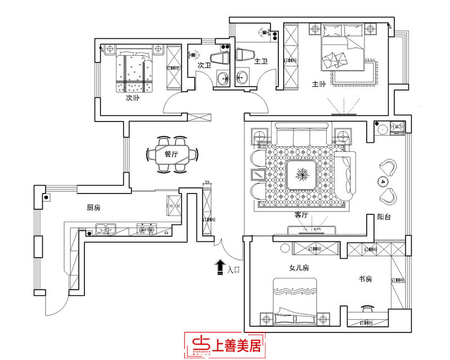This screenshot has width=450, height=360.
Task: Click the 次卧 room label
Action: [132, 97]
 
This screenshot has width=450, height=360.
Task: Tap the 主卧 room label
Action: [319, 84]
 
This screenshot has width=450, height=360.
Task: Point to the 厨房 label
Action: [93, 208]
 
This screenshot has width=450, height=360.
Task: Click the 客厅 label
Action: [301, 215]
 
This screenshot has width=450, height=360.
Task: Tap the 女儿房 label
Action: [299, 268]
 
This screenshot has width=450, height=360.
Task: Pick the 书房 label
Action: [366, 278]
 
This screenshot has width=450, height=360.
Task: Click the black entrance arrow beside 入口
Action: [219, 268]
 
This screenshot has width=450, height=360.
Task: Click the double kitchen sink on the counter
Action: [105, 228]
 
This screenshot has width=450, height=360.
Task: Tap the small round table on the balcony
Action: [384, 182]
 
